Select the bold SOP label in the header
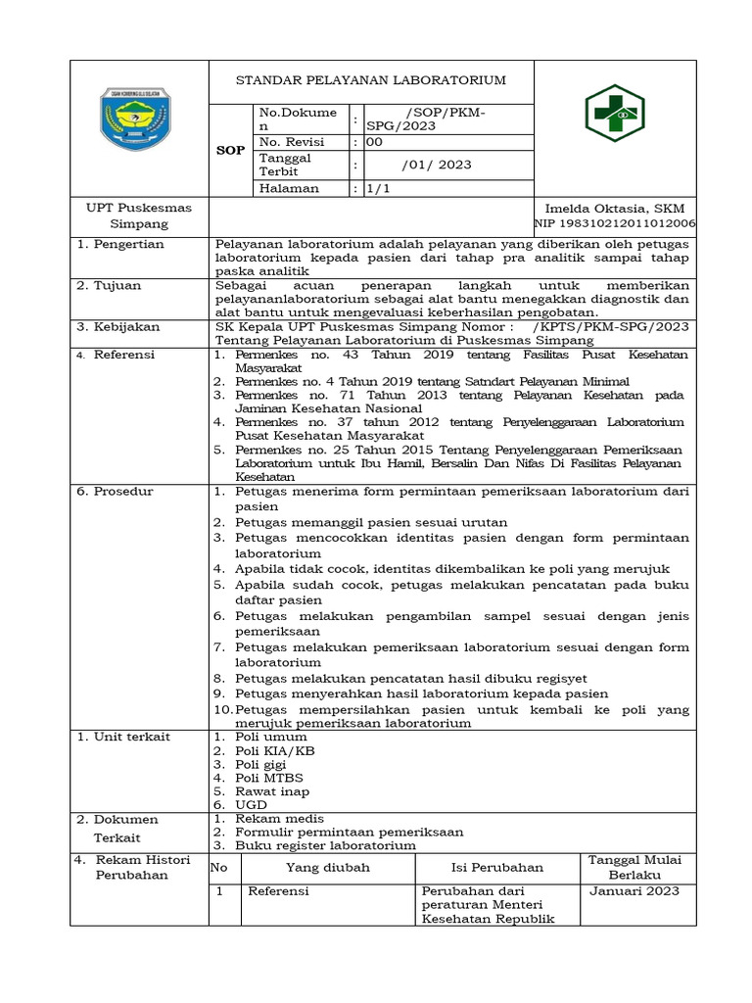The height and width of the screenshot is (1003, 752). tap(230, 151)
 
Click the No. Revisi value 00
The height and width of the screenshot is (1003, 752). tap(374, 141)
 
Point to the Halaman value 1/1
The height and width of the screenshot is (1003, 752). tap(377, 188)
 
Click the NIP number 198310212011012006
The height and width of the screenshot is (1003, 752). tap(614, 224)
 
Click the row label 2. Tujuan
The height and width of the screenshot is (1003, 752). tap(110, 285)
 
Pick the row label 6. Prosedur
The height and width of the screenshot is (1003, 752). tap(116, 491)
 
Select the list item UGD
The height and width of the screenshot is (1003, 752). tap(251, 804)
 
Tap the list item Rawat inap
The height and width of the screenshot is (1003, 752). tap(272, 790)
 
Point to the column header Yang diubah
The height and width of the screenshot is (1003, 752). tap(328, 867)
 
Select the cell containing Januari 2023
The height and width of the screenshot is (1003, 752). tap(634, 890)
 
